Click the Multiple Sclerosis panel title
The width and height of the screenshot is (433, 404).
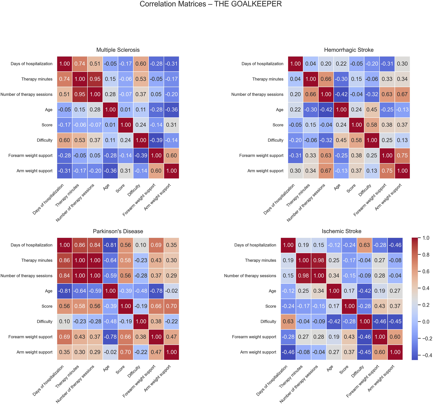click(118, 50)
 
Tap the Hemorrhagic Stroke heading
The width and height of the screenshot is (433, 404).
click(349, 50)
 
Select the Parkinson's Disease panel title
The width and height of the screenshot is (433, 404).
click(118, 231)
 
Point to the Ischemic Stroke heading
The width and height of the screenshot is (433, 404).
click(342, 231)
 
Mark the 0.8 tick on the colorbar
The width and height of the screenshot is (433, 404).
click(425, 255)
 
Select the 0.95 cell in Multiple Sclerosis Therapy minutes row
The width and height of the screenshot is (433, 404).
click(95, 79)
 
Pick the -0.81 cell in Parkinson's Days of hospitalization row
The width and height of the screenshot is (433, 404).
click(110, 245)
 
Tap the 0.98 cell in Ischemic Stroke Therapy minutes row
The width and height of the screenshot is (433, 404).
click(319, 260)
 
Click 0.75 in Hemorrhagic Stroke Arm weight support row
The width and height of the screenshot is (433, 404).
click(387, 171)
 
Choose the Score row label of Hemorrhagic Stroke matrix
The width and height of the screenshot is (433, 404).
click(278, 125)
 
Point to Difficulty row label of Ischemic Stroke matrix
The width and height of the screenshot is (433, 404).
click(268, 321)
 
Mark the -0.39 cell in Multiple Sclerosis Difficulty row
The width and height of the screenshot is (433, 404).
click(156, 140)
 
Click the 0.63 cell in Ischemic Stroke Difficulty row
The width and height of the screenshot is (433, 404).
click(288, 321)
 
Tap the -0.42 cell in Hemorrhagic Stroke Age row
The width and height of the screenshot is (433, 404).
click(326, 110)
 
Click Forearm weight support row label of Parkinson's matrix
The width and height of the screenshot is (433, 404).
click(30, 337)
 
